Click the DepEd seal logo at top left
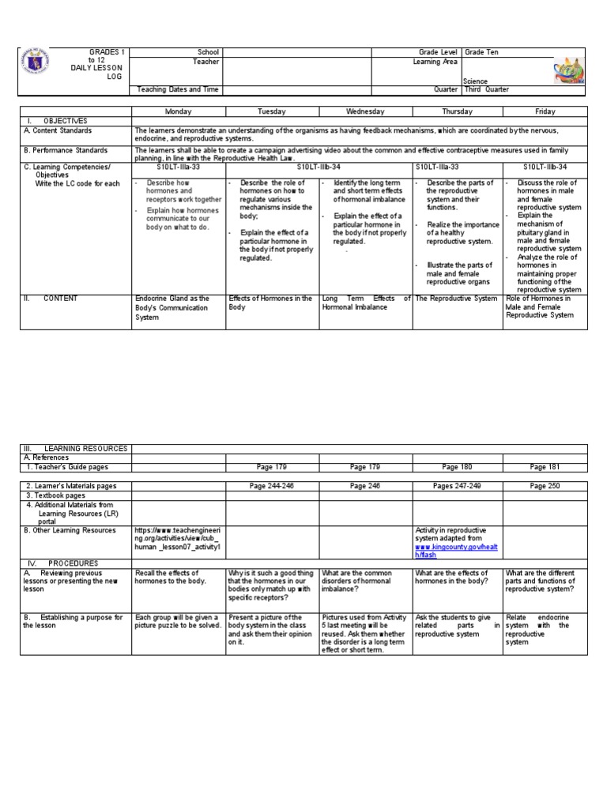(x=40, y=66)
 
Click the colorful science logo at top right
(x=569, y=72)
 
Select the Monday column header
(x=178, y=111)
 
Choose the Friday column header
(x=545, y=111)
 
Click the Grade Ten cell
(x=481, y=52)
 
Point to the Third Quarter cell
(x=487, y=89)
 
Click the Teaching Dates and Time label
(x=177, y=89)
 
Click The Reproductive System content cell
(x=457, y=299)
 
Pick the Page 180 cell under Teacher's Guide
(x=457, y=467)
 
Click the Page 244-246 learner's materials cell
(x=272, y=486)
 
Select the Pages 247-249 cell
(x=457, y=486)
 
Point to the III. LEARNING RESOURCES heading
(x=76, y=448)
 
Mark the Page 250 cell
(x=545, y=486)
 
